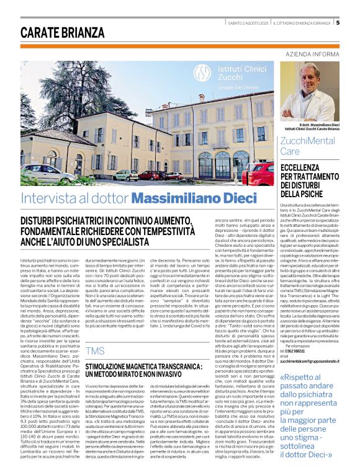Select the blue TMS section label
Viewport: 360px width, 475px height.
pos(96,350)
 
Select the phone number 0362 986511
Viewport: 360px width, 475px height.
pos(304,352)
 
